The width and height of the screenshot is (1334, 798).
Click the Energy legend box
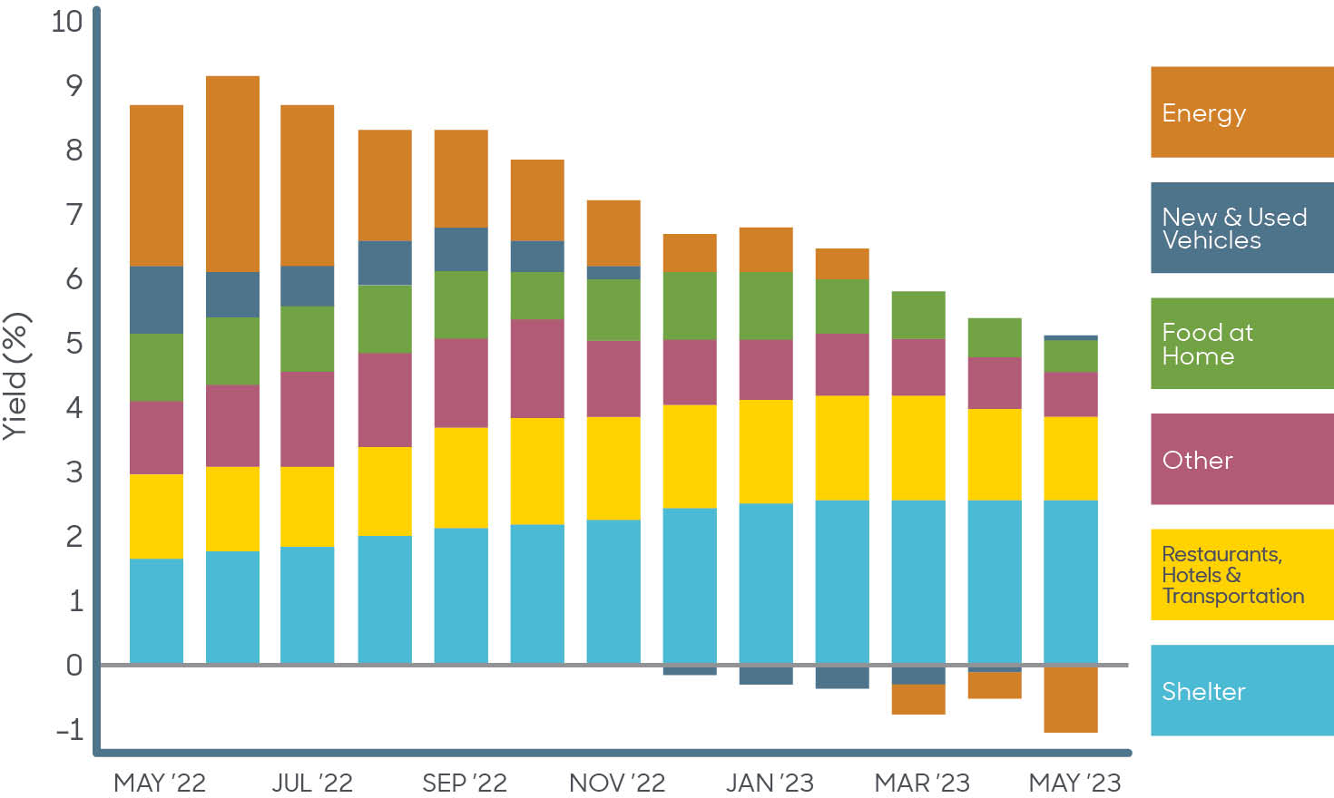click(1241, 112)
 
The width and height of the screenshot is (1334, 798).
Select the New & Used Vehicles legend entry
click(1241, 228)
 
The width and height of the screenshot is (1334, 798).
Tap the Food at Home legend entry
click(1241, 344)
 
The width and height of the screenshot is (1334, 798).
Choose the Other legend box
click(1241, 459)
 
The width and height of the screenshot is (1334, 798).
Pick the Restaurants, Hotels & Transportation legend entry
click(1241, 575)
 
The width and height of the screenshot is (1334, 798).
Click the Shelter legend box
click(1241, 690)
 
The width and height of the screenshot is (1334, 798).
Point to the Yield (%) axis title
click(16, 375)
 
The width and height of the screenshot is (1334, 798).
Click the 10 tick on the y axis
click(66, 21)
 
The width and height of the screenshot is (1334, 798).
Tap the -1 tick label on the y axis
click(69, 729)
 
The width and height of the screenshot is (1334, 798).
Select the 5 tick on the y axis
click(74, 344)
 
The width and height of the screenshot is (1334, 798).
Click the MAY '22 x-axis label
click(160, 783)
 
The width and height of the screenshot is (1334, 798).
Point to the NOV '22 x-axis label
click(617, 783)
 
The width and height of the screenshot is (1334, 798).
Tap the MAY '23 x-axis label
click(1074, 783)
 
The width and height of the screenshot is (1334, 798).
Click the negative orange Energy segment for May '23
click(1071, 699)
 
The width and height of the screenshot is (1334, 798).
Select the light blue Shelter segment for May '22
click(156, 610)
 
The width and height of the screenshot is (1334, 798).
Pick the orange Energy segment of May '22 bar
click(156, 185)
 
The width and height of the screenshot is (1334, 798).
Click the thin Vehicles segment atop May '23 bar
click(1071, 337)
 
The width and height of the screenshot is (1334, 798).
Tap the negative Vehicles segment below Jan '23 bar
click(766, 676)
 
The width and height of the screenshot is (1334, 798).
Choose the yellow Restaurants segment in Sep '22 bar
click(461, 477)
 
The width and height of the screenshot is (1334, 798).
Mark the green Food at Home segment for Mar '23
click(918, 315)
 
